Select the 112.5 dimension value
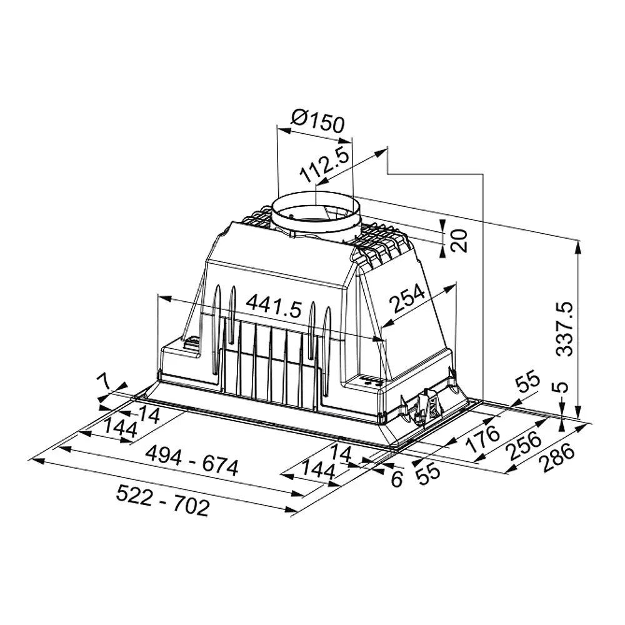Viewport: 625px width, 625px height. click(325, 164)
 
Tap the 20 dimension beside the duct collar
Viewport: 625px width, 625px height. click(459, 241)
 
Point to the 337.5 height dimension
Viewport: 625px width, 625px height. click(565, 329)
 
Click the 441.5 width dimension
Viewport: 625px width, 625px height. click(274, 306)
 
